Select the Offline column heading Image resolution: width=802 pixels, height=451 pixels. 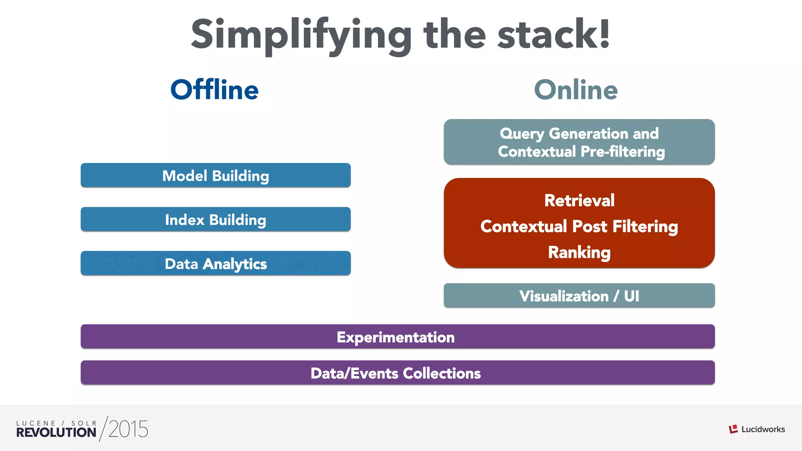click(215, 90)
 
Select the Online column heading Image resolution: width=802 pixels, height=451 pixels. click(576, 90)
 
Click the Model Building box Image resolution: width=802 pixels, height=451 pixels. click(215, 175)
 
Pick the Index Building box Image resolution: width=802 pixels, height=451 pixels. click(215, 219)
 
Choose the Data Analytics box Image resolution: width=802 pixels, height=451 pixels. click(215, 263)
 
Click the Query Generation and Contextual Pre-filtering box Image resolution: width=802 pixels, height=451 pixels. click(579, 142)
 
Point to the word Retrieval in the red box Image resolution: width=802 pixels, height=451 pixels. click(579, 200)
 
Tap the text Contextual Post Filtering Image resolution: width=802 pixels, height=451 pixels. click(579, 226)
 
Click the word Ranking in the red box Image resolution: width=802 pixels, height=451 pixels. click(579, 252)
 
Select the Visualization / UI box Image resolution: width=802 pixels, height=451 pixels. click(579, 296)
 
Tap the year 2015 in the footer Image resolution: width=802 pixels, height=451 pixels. click(128, 429)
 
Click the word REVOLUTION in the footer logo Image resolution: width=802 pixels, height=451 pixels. click(56, 432)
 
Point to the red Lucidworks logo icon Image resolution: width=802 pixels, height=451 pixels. click(733, 429)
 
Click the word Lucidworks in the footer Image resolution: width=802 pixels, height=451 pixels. click(763, 429)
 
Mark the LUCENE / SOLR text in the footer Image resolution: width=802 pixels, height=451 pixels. click(56, 423)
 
